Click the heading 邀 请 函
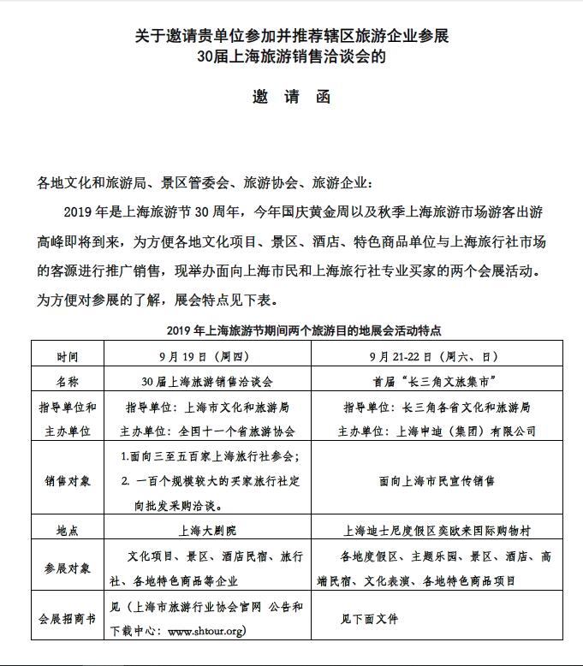291,96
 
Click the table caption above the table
291,330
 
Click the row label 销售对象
68,480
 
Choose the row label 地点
68,530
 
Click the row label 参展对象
68,568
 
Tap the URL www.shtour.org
207,632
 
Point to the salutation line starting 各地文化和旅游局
204,182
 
